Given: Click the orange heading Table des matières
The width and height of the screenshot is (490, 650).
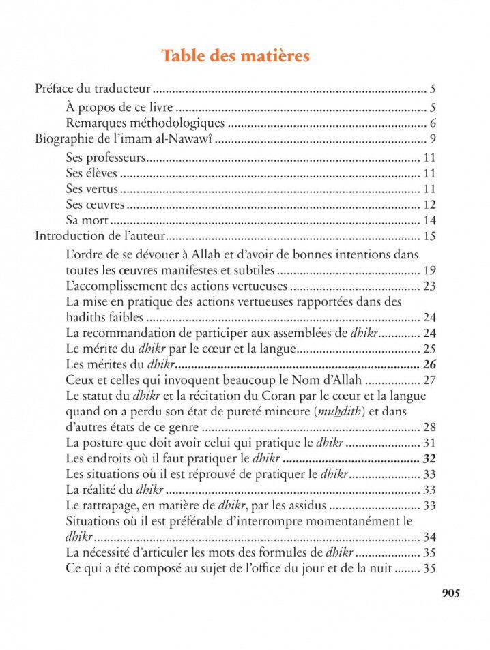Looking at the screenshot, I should click(x=235, y=56).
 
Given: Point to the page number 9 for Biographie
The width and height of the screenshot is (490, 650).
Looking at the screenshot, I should click(x=432, y=141).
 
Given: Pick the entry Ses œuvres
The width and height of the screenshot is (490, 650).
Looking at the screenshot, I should click(x=95, y=204).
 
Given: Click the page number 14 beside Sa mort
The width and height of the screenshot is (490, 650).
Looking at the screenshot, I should click(x=429, y=220).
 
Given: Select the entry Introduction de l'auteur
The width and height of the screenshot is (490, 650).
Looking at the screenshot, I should click(x=100, y=237).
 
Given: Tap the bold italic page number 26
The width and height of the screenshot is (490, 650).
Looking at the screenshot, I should click(x=429, y=364).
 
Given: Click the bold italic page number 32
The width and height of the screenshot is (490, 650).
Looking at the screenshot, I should click(x=429, y=458).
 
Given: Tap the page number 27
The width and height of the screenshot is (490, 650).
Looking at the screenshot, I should click(x=429, y=380).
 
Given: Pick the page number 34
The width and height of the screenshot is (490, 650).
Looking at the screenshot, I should click(x=429, y=537).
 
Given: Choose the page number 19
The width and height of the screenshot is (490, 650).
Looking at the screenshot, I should click(x=429, y=270).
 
